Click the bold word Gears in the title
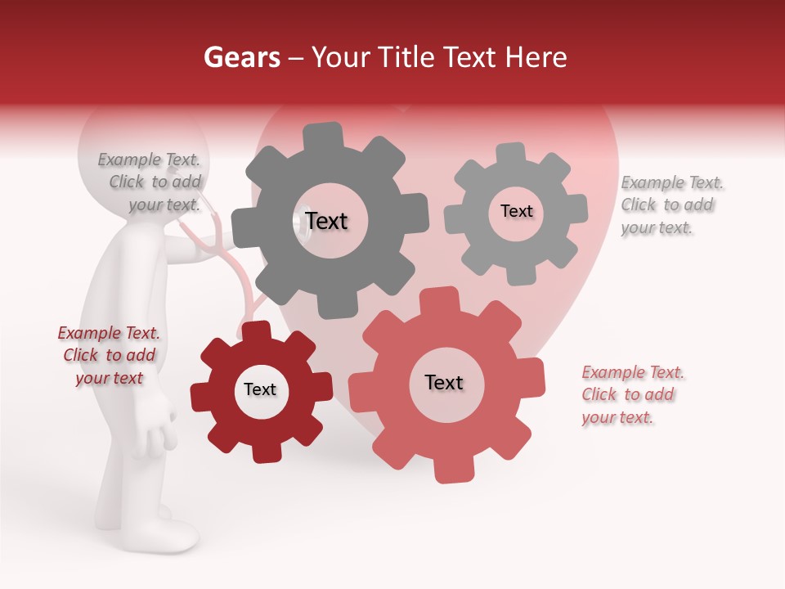(x=240, y=57)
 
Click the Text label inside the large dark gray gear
(x=326, y=221)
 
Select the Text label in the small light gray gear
(x=516, y=211)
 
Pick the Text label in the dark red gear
(x=260, y=389)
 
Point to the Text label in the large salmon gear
(x=444, y=382)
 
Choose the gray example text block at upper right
(x=671, y=205)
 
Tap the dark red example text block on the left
(x=109, y=355)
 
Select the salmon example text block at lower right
(x=631, y=394)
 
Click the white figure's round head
(x=139, y=147)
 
